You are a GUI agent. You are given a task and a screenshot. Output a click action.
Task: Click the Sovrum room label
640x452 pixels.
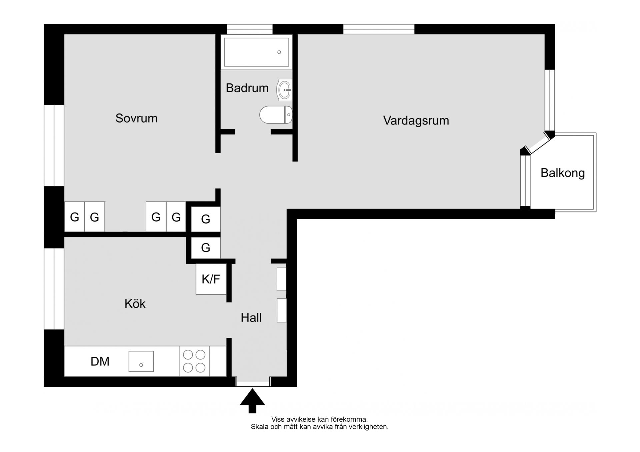136,118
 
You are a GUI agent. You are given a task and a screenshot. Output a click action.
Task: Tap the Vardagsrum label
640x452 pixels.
416,121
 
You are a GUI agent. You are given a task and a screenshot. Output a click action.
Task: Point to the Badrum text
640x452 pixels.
247,88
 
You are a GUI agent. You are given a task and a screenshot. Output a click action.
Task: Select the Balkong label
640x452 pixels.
563,173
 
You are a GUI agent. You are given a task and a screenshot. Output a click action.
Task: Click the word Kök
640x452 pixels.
135,303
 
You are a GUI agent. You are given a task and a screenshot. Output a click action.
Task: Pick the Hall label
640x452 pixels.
251,318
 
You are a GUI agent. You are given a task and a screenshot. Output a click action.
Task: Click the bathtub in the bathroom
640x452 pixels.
256,52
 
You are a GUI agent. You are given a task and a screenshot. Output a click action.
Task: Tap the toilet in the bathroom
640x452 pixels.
276,115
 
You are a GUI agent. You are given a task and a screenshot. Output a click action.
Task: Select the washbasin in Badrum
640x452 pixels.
284,90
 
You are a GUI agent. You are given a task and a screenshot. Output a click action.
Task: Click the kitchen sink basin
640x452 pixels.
141,361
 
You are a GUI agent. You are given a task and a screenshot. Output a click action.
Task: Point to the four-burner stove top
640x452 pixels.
194,361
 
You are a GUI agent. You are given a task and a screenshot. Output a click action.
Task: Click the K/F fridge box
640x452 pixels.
211,279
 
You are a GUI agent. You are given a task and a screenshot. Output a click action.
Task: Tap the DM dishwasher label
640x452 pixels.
100,361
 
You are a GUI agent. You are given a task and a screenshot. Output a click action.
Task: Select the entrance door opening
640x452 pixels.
253,382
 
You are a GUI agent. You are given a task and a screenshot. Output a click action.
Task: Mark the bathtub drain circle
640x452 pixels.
279,52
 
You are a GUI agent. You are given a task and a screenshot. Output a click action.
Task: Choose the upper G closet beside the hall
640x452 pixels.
206,219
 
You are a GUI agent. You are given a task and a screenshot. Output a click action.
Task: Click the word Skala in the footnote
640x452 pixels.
259,427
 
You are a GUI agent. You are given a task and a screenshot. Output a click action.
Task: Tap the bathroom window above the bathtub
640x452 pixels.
250,29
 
